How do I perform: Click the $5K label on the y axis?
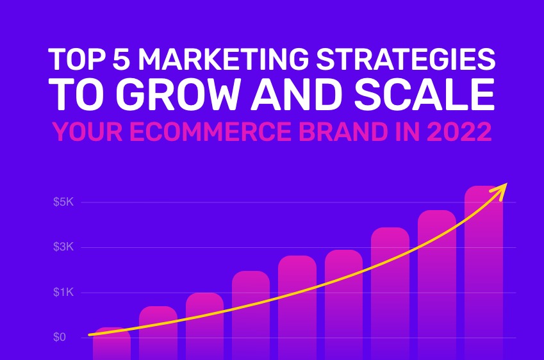[x=64, y=202]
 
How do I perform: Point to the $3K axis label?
[x=64, y=247]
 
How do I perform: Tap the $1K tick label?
[x=64, y=293]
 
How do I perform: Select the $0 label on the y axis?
[x=60, y=338]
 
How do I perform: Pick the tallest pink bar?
[x=484, y=269]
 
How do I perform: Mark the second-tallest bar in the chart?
[x=436, y=282]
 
